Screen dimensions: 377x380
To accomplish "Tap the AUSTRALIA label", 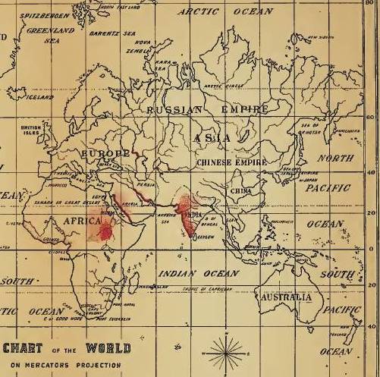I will [x=285, y=298].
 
